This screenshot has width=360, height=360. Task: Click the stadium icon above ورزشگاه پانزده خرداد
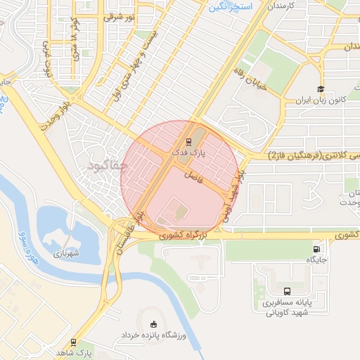(x=154, y=323)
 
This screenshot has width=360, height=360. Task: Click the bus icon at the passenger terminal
(x=286, y=292)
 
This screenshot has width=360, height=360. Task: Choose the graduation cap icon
(x=321, y=89)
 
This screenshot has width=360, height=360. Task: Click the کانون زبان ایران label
(x=321, y=101)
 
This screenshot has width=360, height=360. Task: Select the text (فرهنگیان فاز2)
(x=294, y=155)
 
